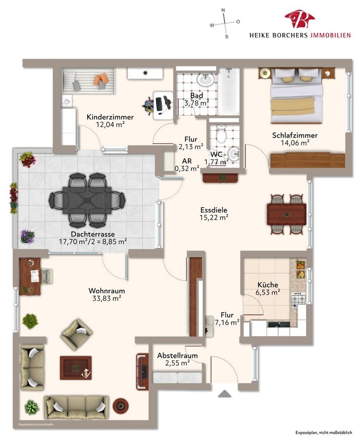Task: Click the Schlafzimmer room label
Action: pos(295,135)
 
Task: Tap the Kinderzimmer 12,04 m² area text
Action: pos(110,125)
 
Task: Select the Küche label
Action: pos(268,285)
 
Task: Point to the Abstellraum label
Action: pos(177,355)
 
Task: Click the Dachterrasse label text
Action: pos(93,234)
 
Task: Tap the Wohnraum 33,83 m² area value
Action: pos(107,298)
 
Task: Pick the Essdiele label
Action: pos(214,210)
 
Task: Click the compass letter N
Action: pos(223,10)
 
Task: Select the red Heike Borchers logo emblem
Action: pos(300,19)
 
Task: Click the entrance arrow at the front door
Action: pos(225,394)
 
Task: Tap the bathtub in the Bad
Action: pos(229,91)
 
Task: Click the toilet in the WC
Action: pos(221,134)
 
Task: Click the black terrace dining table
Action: pos(87,200)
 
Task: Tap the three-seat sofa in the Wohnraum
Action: pos(76,407)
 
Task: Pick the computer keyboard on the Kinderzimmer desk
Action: pos(159,104)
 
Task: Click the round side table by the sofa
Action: pos(121,406)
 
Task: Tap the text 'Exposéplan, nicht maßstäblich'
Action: pos(324,433)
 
